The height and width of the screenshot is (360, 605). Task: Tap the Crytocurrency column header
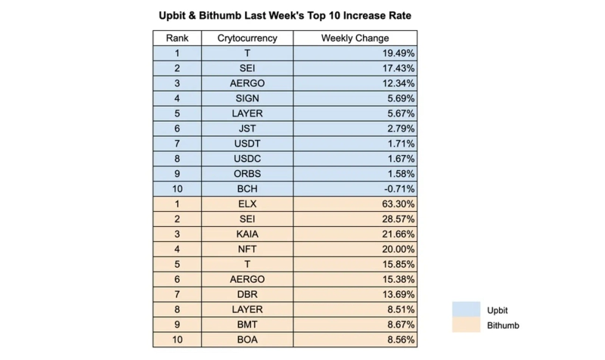247,38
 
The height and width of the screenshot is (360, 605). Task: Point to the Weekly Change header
355,38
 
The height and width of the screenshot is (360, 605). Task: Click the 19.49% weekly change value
397,54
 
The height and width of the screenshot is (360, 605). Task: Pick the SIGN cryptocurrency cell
247,99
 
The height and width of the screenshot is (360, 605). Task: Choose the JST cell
247,129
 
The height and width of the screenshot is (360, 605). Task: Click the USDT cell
247,144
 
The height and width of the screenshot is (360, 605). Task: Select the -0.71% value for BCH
397,190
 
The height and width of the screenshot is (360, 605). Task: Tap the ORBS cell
247,175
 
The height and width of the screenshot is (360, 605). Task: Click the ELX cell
247,205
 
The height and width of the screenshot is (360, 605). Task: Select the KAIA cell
247,235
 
